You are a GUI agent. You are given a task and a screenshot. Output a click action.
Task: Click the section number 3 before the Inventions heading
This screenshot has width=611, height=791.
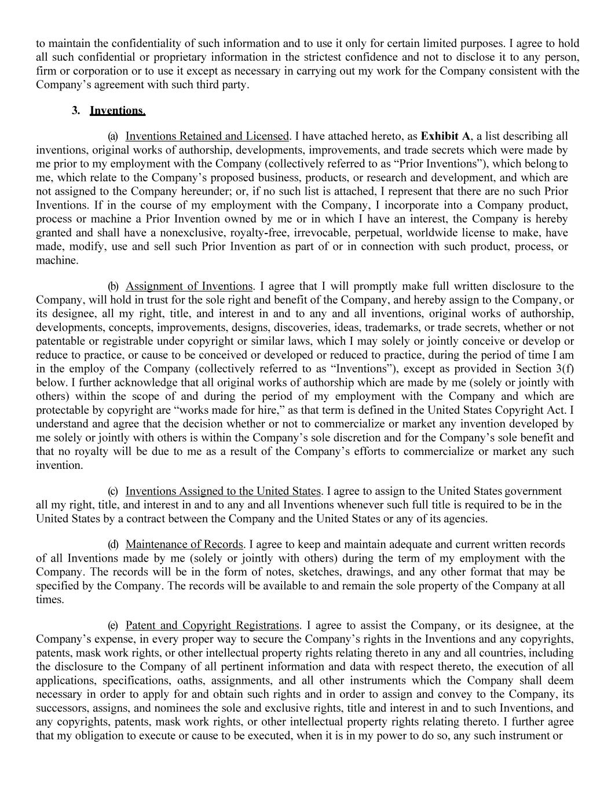75,110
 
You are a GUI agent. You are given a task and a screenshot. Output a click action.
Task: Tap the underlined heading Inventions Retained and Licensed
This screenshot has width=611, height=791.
207,136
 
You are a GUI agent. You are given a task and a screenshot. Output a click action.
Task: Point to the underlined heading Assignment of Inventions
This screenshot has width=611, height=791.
189,286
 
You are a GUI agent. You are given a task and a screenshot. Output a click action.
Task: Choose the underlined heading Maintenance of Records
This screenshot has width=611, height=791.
184,544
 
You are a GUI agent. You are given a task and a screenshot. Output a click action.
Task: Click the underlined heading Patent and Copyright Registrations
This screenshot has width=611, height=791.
211,625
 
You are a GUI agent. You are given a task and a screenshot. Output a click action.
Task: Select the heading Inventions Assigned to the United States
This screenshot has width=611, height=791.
222,491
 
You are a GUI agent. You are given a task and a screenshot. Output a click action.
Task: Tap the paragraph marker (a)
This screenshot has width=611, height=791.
113,136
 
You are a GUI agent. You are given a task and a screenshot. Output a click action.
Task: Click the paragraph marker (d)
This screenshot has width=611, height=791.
113,544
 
